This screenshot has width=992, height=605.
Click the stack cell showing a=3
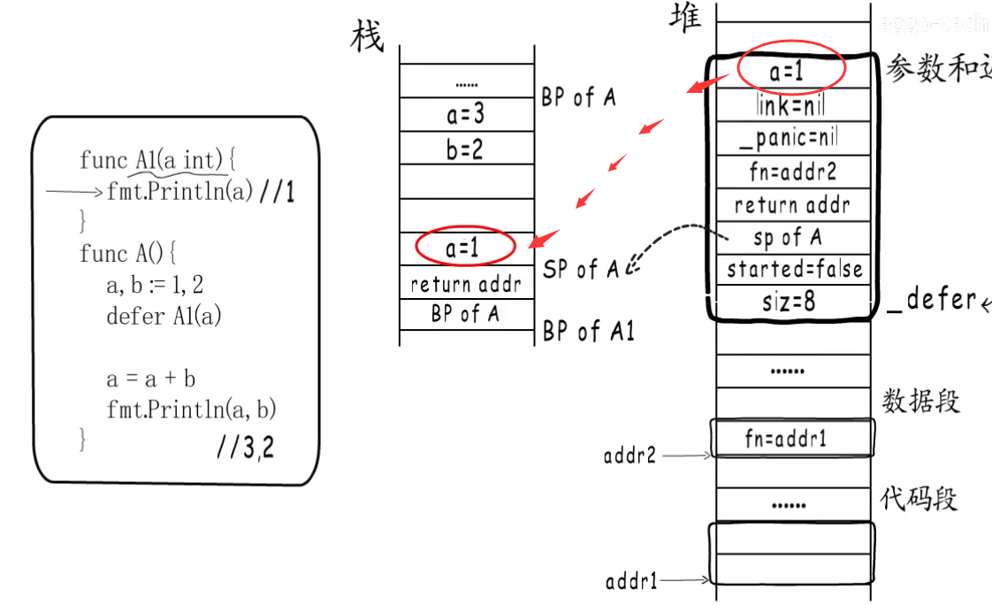click(x=466, y=114)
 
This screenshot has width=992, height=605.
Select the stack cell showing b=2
click(x=466, y=149)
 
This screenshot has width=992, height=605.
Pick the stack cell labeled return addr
click(x=466, y=285)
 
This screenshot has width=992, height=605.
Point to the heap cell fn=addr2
click(x=792, y=171)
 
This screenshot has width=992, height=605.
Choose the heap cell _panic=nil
click(x=792, y=138)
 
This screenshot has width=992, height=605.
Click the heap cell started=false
click(x=793, y=269)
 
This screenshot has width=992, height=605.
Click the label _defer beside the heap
click(x=931, y=300)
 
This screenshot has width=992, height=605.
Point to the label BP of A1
click(x=588, y=332)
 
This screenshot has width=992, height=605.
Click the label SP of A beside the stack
click(x=581, y=268)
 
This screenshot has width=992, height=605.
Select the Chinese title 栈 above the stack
click(x=368, y=37)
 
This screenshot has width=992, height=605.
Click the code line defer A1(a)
click(x=164, y=316)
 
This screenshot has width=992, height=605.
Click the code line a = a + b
click(x=151, y=379)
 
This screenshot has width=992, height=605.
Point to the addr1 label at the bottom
click(x=631, y=581)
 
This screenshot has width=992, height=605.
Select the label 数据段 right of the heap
click(x=920, y=402)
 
